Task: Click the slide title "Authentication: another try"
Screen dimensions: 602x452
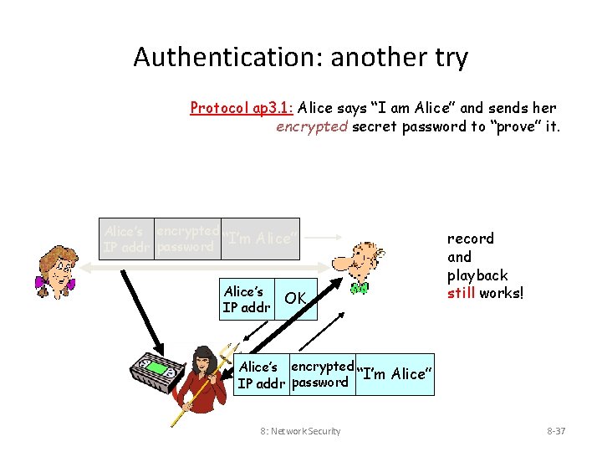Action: (300, 58)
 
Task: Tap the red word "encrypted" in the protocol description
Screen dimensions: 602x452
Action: (312, 126)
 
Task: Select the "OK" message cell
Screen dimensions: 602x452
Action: (295, 298)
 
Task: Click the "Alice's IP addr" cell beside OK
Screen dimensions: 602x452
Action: (247, 299)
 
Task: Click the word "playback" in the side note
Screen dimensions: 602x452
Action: (477, 275)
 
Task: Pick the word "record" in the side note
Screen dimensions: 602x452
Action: (471, 239)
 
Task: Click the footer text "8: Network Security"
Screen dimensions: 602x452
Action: (300, 431)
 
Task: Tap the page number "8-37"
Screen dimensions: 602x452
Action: (556, 431)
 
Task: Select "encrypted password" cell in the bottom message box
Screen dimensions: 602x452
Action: (321, 374)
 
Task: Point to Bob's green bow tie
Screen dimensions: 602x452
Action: (360, 288)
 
